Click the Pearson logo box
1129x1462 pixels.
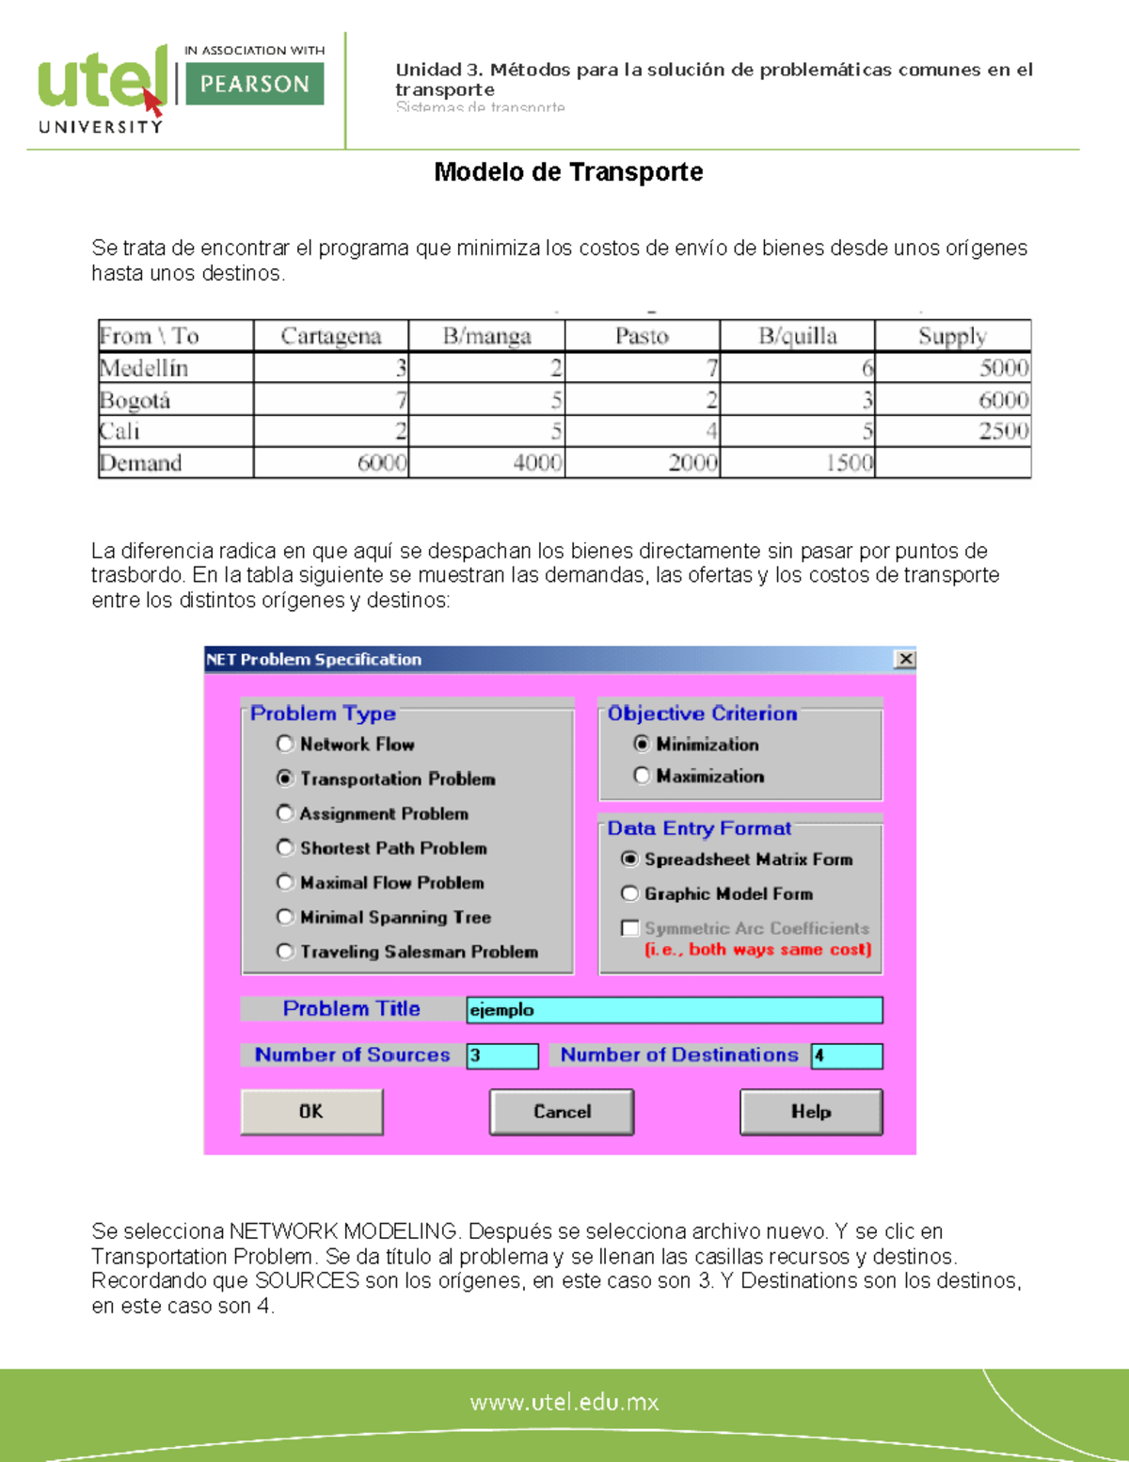[x=254, y=84]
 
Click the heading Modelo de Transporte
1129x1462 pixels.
[x=568, y=172]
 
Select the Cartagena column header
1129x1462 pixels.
[x=330, y=336]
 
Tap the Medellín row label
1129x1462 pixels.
[x=144, y=368]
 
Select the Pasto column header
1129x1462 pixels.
[x=642, y=336]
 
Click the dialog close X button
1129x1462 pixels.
[x=905, y=659]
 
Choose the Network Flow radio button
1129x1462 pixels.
[x=285, y=744]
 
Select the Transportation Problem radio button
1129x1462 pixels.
[x=285, y=779]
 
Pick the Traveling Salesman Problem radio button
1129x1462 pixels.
[x=285, y=952]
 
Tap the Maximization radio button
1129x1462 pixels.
[x=642, y=776]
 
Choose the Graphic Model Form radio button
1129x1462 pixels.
[x=629, y=893]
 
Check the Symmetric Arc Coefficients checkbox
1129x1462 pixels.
[x=629, y=928]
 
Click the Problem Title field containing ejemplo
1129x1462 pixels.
[x=674, y=1010]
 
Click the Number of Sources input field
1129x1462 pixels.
[x=502, y=1055]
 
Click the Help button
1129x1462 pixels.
[x=811, y=1112]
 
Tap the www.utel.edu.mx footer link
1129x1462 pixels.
[x=564, y=1402]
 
